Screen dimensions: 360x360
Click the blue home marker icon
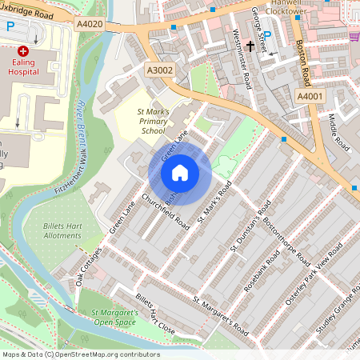[180, 172]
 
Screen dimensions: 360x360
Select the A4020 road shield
[90, 25]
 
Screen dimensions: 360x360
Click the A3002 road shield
[159, 71]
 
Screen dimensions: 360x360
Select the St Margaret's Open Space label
[118, 318]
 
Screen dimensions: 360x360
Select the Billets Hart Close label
[154, 313]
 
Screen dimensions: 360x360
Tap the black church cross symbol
[250, 47]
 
